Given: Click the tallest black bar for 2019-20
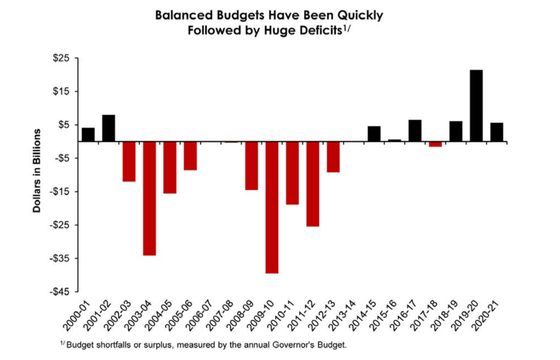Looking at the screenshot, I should coord(476,105).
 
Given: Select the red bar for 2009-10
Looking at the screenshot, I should coord(272,208).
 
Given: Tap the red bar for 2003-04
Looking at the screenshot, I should coord(149,199).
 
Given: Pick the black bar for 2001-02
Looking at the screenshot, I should coord(109,128).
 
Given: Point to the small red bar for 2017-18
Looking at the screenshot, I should coord(435,144).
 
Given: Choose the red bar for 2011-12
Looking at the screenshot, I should coord(313,184).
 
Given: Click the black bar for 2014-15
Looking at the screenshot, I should coord(374,134).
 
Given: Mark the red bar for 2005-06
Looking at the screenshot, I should coord(190,156).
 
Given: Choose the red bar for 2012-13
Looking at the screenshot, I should coord(333,157).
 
